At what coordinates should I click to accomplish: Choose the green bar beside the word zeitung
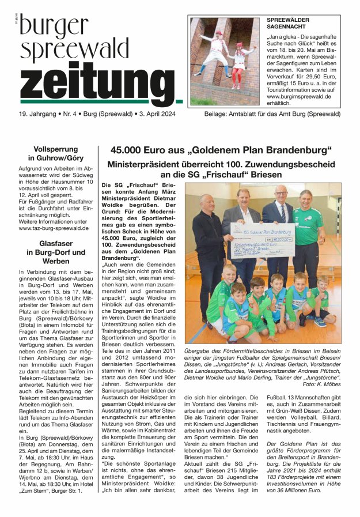tap(179, 101)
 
